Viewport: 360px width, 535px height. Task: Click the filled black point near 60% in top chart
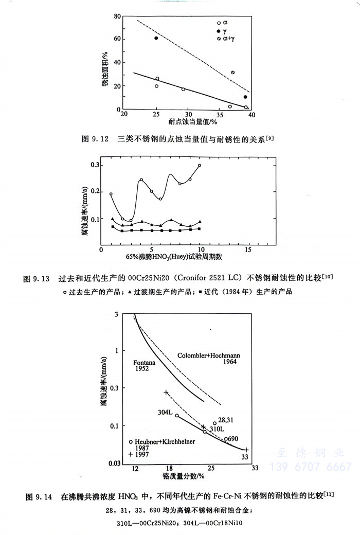click(156, 39)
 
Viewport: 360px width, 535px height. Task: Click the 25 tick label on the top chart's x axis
click(156, 114)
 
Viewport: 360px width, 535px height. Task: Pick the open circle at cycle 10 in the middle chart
click(200, 166)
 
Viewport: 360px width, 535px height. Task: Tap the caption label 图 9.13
click(37, 279)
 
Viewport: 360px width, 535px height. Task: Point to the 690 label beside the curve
click(232, 438)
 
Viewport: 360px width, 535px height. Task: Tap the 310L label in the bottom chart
click(216, 429)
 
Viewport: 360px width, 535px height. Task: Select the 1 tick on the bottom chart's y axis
click(124, 350)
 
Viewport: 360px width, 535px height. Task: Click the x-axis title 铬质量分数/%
click(184, 476)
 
